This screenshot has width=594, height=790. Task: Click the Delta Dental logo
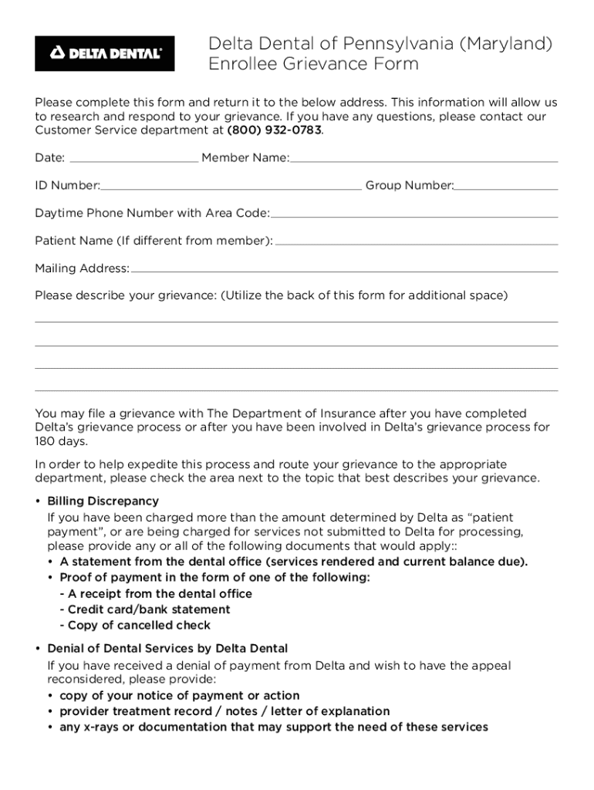click(105, 53)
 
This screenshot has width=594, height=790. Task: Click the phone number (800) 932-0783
click(274, 130)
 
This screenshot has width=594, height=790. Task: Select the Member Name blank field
click(424, 159)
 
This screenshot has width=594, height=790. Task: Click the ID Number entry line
click(231, 186)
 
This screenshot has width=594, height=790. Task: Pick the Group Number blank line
click(506, 186)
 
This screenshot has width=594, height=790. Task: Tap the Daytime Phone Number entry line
click(414, 214)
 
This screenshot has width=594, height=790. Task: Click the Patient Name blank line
click(416, 241)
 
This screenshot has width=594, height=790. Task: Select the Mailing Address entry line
click(344, 269)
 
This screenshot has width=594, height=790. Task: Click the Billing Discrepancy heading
click(103, 501)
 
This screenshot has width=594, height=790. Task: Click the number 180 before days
click(46, 442)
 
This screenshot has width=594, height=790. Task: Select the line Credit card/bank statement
click(144, 609)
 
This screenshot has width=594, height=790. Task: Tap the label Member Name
click(245, 158)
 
